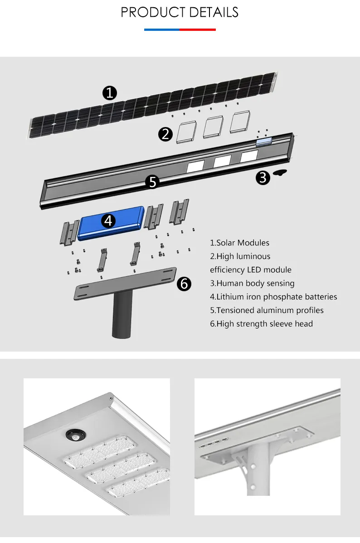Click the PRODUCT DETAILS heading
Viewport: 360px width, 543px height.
[x=180, y=12]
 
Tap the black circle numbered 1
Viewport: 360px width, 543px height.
[x=110, y=93]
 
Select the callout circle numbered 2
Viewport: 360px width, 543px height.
[x=166, y=134]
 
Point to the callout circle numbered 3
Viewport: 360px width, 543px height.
[x=263, y=178]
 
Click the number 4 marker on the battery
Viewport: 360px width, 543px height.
[x=108, y=220]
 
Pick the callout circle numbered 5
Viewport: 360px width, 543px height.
[x=153, y=182]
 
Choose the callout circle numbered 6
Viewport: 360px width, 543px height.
[x=184, y=284]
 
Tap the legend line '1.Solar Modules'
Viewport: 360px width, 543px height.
[x=239, y=243]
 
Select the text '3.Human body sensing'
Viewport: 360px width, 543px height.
[x=252, y=283]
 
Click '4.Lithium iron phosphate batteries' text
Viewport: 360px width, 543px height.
[x=273, y=297]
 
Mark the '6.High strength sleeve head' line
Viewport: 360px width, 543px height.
[x=261, y=323]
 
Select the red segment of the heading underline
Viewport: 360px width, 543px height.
[x=198, y=30]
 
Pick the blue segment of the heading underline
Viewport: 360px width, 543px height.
[x=162, y=30]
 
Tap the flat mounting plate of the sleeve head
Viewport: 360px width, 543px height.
[x=125, y=284]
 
